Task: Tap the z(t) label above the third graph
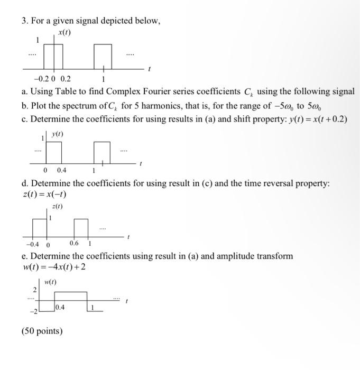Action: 57,207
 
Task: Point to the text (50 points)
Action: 42,331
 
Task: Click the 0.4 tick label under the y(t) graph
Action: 61,171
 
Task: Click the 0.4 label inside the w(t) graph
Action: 60,306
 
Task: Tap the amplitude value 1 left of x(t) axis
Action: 37,40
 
